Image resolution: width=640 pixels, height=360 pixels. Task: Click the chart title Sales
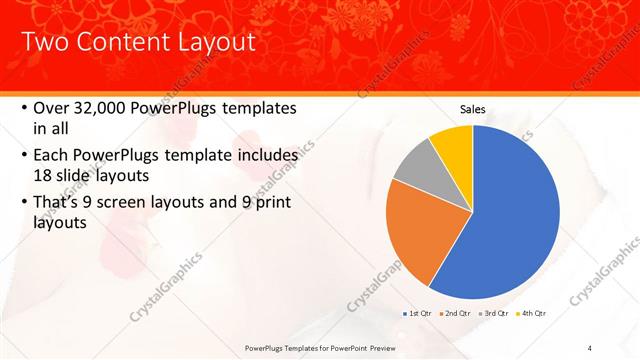[473, 109]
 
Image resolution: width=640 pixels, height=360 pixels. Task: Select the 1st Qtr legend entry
[415, 313]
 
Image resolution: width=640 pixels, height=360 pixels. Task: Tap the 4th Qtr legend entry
[531, 313]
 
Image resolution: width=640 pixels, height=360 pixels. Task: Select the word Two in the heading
[44, 42]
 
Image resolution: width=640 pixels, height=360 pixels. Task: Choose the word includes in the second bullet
[263, 156]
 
